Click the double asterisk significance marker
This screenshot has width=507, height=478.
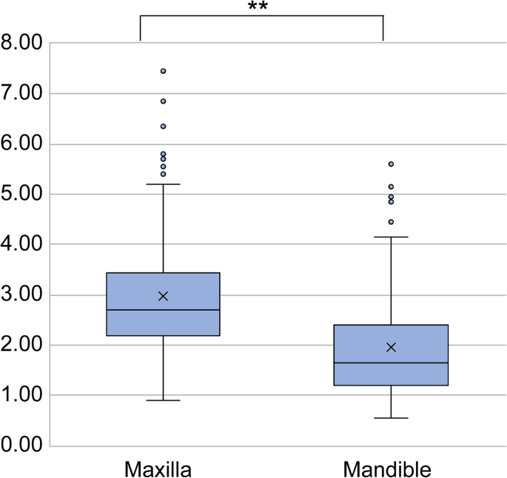coord(257,7)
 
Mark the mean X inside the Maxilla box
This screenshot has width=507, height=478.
coord(163,296)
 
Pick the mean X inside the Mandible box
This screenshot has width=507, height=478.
coord(391,347)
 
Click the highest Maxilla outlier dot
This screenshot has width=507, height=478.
coord(163,71)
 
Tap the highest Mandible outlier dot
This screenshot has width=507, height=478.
coord(391,164)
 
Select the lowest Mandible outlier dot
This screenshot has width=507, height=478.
coord(391,222)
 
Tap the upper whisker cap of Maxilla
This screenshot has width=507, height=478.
coord(163,184)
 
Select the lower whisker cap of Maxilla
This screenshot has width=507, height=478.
coord(163,400)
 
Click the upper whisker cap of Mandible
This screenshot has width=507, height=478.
coord(391,237)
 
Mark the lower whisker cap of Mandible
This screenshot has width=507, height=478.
coord(391,418)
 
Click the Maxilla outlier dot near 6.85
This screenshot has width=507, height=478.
coord(163,101)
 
